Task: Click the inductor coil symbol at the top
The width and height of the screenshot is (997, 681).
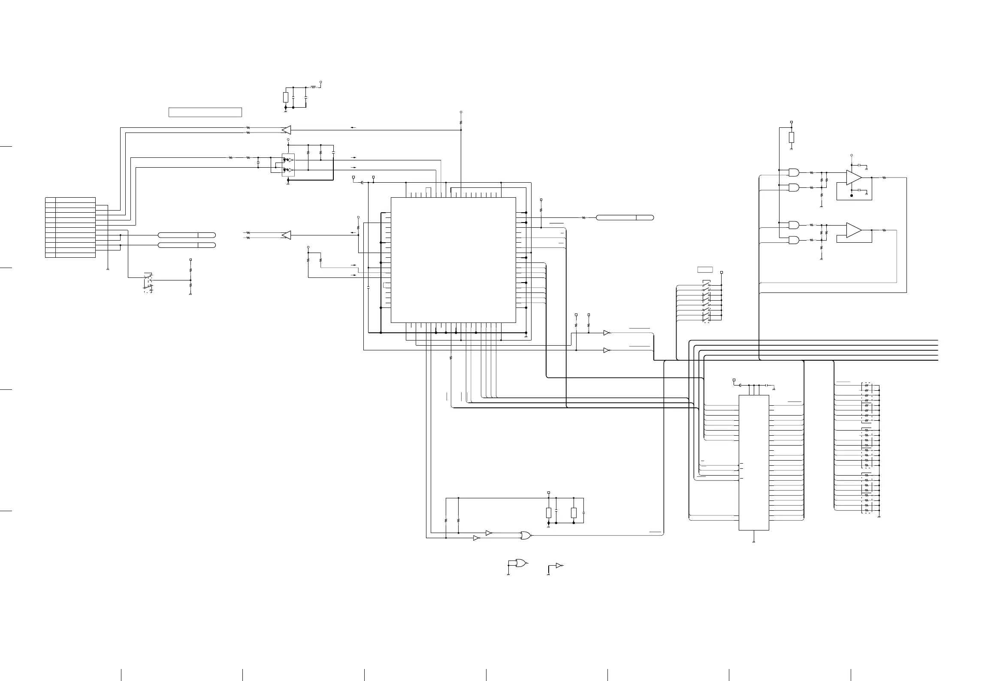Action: click(314, 87)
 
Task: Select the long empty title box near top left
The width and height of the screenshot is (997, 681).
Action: click(205, 112)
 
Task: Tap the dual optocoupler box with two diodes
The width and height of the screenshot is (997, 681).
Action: click(288, 165)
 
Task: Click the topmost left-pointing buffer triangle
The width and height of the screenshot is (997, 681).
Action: click(286, 130)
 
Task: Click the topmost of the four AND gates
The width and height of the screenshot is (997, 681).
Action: click(794, 172)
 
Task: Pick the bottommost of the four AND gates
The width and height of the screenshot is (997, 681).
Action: click(794, 240)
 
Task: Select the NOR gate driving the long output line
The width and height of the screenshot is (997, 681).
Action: click(525, 535)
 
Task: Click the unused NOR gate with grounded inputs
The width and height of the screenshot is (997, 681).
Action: click(521, 563)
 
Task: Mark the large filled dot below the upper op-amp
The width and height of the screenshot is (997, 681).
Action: click(852, 196)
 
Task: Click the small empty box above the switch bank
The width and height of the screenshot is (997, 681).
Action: click(705, 270)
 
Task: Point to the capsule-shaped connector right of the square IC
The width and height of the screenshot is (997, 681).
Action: click(625, 218)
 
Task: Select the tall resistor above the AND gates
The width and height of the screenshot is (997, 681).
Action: click(792, 138)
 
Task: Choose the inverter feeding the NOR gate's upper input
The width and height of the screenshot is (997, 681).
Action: click(489, 533)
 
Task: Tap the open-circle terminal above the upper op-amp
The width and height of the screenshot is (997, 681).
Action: click(852, 155)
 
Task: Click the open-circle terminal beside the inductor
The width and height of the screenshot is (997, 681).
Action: click(321, 82)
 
